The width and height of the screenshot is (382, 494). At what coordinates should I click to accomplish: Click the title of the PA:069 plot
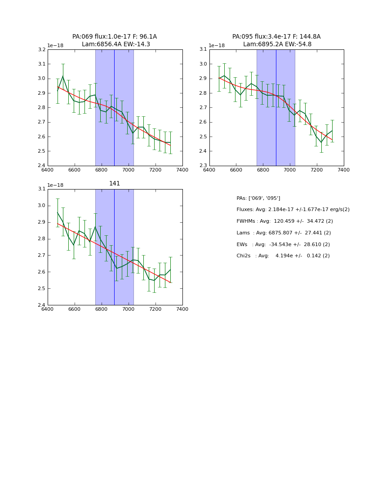[x=115, y=40]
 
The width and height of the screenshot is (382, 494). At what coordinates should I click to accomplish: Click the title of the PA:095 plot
[x=276, y=40]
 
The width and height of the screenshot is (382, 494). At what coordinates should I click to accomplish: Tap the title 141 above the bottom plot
[x=115, y=184]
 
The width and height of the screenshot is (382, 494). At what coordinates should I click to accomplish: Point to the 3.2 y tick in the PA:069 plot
[x=41, y=50]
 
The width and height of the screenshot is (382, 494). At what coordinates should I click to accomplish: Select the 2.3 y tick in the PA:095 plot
[x=203, y=166]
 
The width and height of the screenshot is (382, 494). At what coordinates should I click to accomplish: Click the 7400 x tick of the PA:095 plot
[x=344, y=170]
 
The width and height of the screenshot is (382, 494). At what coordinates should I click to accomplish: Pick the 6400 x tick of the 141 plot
[x=47, y=309]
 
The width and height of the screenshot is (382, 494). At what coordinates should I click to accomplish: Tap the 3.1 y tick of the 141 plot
[x=41, y=189]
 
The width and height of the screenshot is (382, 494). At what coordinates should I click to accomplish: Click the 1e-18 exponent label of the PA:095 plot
[x=217, y=46]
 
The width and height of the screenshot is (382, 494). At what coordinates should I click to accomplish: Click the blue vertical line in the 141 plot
[x=114, y=247]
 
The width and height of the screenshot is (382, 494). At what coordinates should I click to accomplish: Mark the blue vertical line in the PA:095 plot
[x=276, y=108]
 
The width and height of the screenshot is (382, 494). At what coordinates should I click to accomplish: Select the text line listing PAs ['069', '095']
[x=258, y=198]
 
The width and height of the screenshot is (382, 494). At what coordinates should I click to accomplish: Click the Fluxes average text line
[x=293, y=210]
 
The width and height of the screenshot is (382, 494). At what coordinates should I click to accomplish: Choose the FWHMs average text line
[x=284, y=221]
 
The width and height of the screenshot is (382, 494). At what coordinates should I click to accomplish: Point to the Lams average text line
[x=284, y=233]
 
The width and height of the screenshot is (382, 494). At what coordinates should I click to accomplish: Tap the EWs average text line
[x=283, y=244]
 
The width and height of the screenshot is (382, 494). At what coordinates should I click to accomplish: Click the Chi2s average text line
[x=283, y=256]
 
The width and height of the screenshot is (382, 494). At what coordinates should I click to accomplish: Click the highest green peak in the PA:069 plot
[x=63, y=76]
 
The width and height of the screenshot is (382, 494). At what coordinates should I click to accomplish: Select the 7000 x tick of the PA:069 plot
[x=128, y=170]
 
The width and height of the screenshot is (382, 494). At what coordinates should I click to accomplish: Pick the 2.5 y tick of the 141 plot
[x=41, y=289]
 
